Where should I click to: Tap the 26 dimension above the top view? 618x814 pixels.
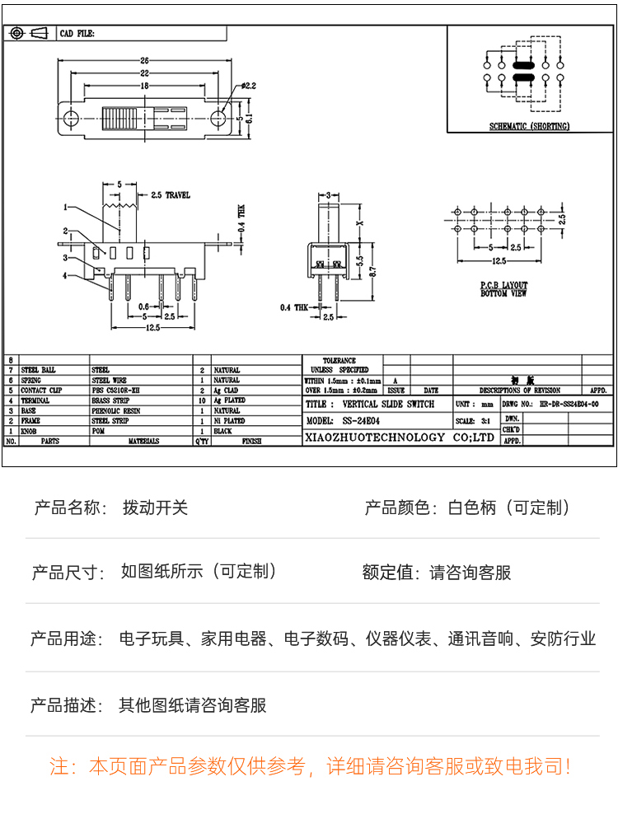[x=144, y=60]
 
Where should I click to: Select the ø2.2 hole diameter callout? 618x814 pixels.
[x=250, y=86]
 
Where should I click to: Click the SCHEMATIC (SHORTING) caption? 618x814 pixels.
[x=529, y=127]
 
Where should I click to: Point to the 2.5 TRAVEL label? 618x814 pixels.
[x=171, y=195]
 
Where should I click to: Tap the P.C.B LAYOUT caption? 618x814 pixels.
[x=503, y=285]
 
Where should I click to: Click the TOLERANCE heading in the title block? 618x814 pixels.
[x=339, y=361]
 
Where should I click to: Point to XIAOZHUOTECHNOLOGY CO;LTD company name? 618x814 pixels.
[x=400, y=437]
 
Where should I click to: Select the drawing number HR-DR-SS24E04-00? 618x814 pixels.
[x=569, y=405]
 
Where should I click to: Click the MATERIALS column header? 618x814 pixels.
[x=143, y=442]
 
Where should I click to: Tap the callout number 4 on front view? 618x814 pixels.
[x=64, y=276]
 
